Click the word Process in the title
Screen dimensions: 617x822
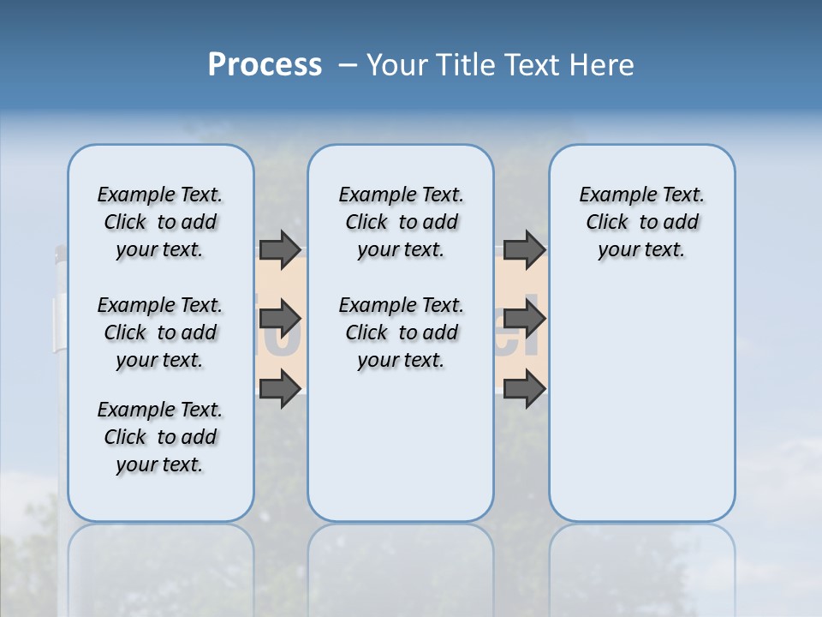point(265,64)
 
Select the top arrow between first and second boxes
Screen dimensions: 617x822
point(280,249)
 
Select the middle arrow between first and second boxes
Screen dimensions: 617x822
point(280,320)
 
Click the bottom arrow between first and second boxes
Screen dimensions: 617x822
point(280,390)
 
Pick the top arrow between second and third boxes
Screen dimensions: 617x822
point(524,249)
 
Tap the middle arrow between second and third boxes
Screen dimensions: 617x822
point(524,320)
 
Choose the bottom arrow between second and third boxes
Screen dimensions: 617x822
point(524,390)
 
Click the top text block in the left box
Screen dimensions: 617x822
point(160,222)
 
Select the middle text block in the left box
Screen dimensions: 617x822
point(160,332)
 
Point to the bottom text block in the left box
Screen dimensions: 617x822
point(160,437)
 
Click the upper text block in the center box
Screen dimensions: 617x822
point(401,222)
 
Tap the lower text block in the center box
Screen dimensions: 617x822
point(401,332)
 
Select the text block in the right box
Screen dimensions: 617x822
point(641,222)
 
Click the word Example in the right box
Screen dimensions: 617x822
point(611,195)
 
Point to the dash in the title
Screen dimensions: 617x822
point(348,65)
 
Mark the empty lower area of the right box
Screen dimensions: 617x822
point(641,403)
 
